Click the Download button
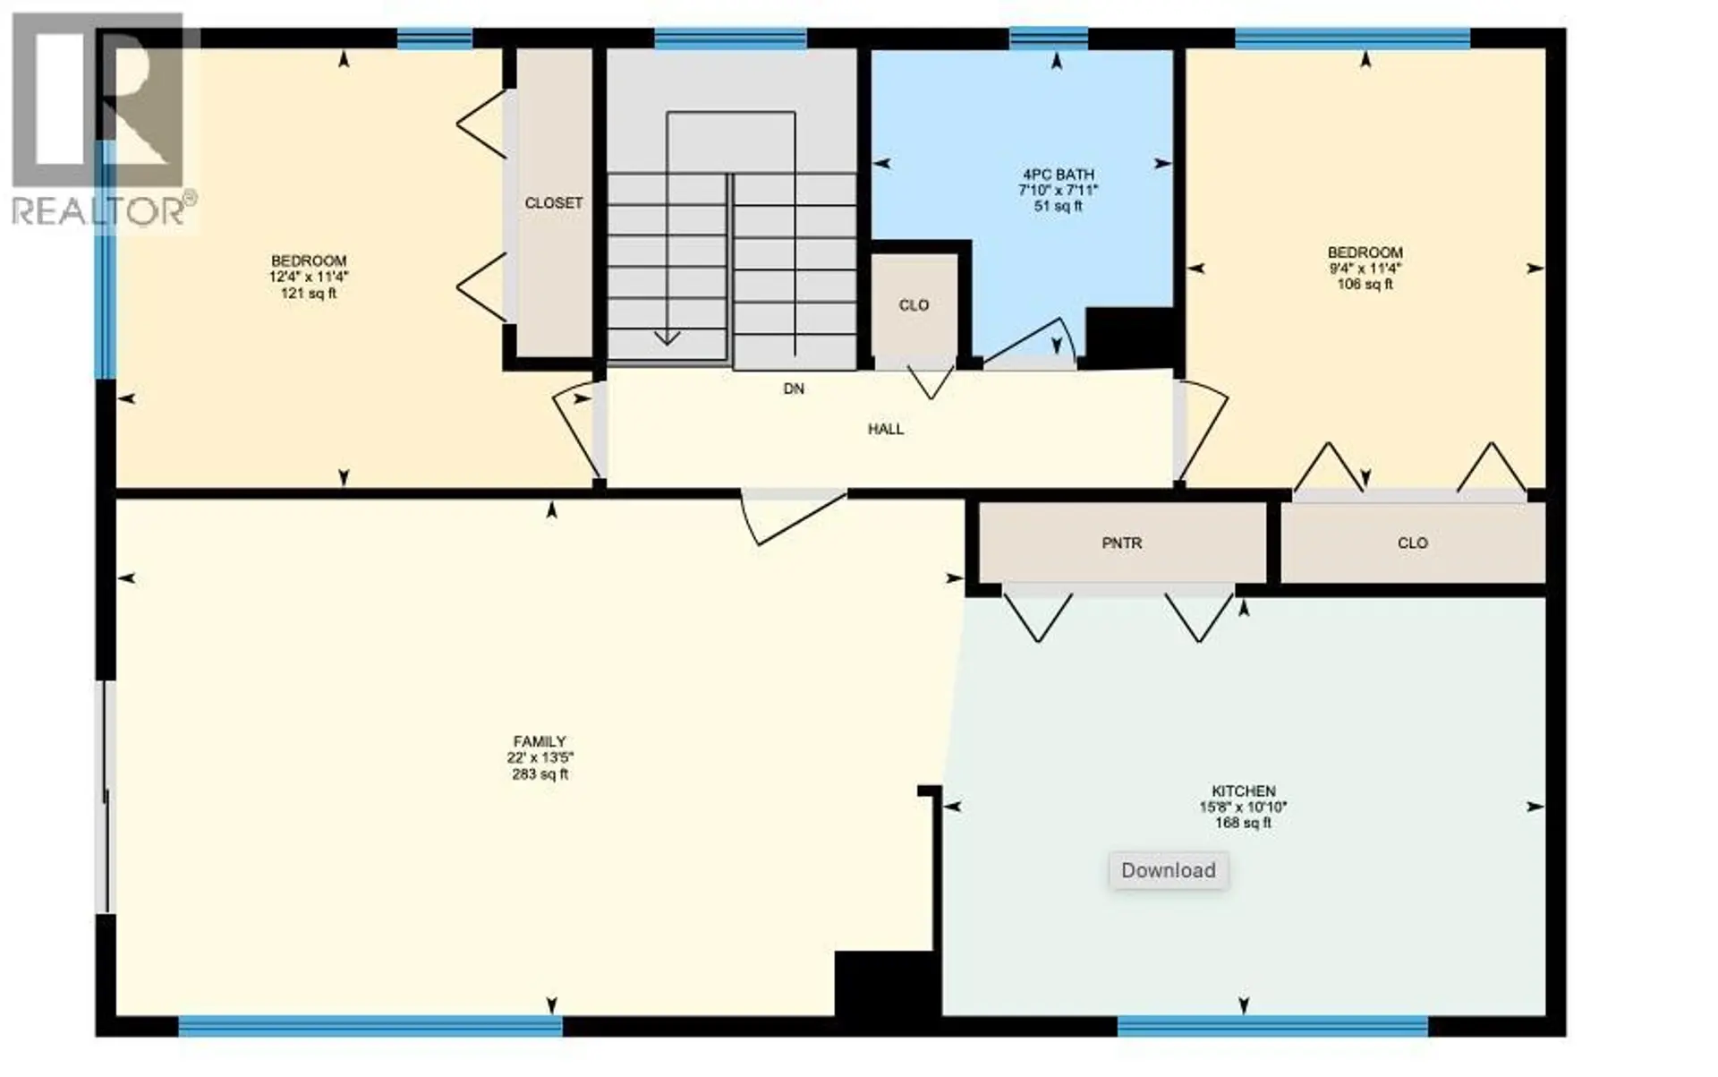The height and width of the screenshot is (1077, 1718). (x=1168, y=870)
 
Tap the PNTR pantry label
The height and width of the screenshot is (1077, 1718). (x=1121, y=543)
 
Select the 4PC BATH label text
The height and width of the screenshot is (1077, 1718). (x=1059, y=175)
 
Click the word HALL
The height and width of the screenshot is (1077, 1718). (x=885, y=430)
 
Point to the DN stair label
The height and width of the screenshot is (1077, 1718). (x=793, y=389)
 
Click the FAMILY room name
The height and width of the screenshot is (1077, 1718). (x=539, y=741)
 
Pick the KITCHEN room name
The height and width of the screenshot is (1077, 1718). (x=1243, y=791)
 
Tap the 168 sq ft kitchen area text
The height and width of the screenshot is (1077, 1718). (x=1243, y=823)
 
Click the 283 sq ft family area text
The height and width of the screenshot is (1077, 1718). (x=539, y=774)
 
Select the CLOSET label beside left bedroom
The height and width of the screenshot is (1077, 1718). (x=553, y=204)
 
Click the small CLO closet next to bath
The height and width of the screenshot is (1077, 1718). (x=914, y=306)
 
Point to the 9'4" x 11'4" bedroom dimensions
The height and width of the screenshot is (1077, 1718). (x=1364, y=269)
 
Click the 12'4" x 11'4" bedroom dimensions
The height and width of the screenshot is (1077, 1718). (x=309, y=278)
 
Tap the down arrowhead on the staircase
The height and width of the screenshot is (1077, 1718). (x=667, y=338)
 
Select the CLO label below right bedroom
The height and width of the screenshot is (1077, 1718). (x=1412, y=543)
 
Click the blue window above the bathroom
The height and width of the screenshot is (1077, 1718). (x=1048, y=38)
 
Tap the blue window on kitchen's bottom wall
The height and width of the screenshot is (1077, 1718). (x=1271, y=1026)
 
